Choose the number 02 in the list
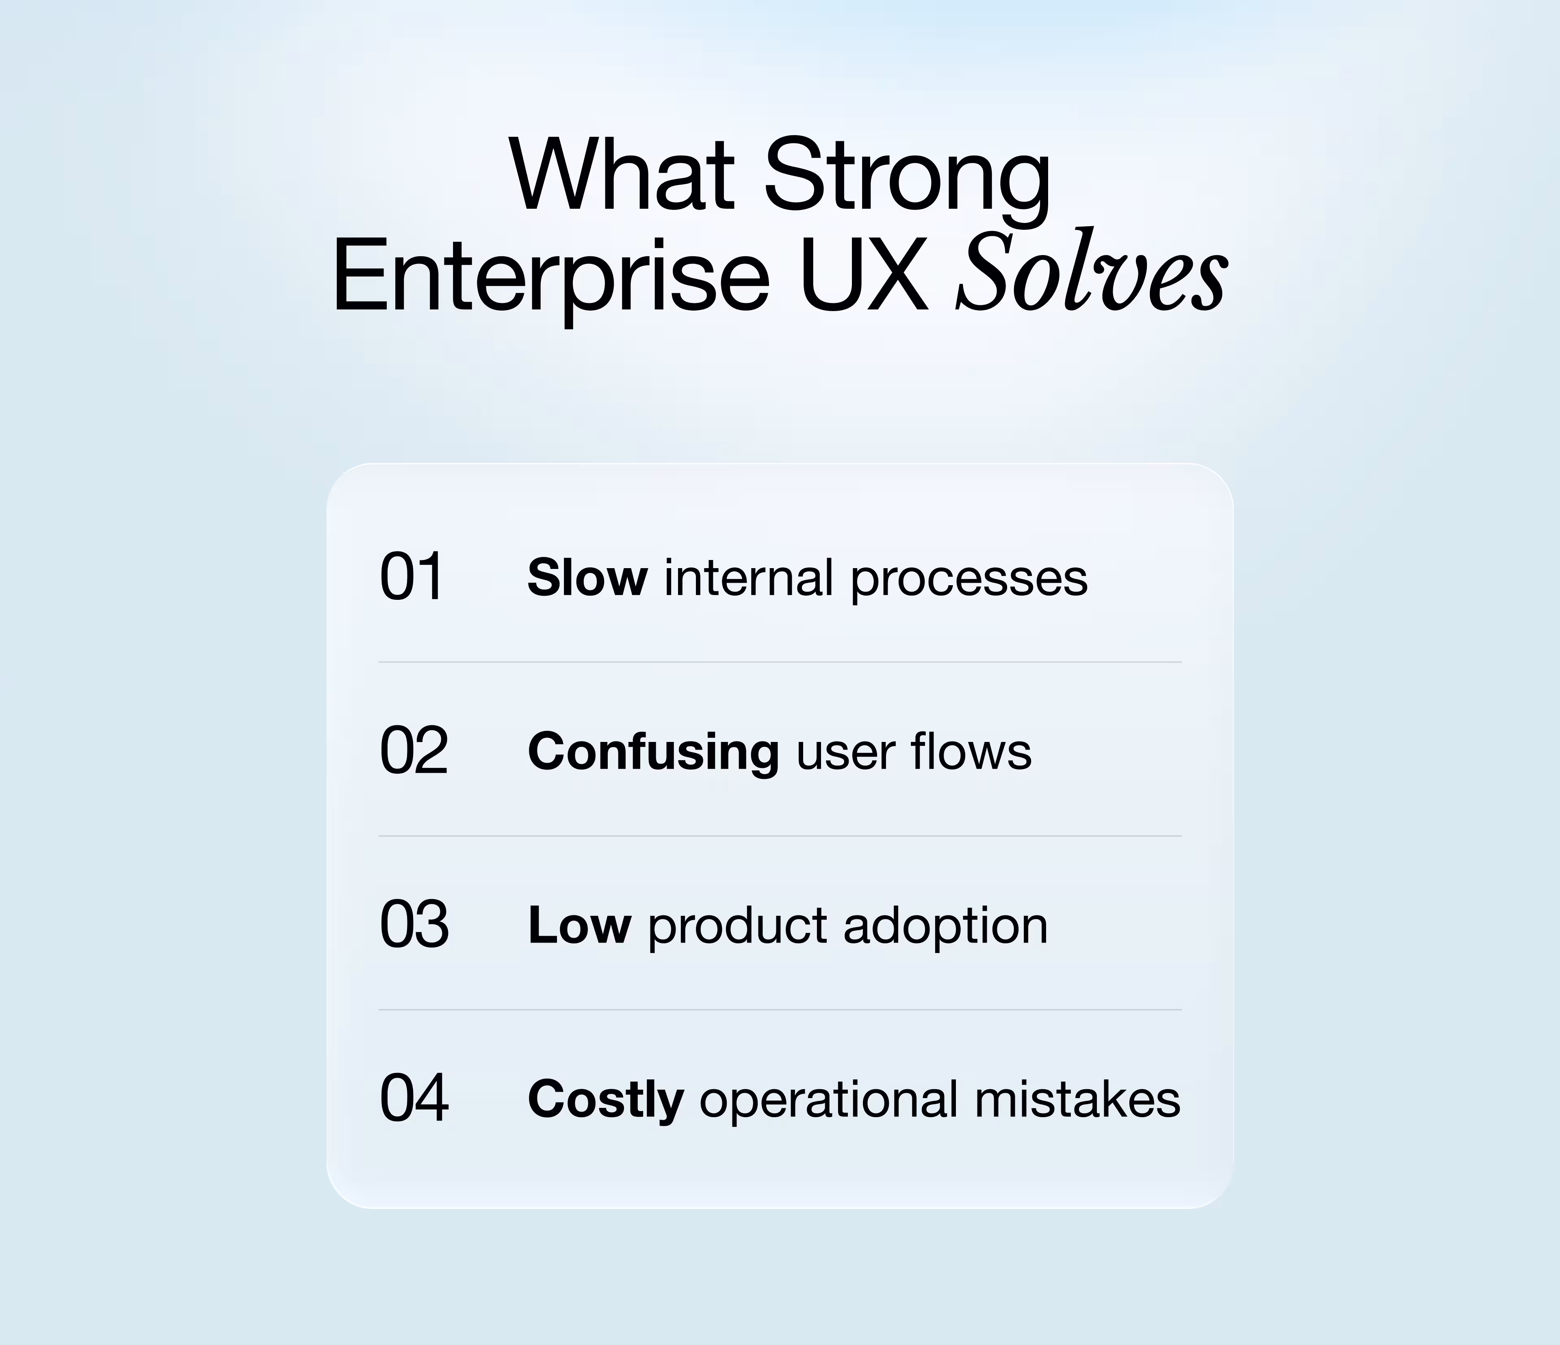[x=413, y=751]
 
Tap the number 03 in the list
[x=413, y=925]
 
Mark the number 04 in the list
[x=413, y=1099]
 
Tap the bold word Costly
[x=605, y=1101]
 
